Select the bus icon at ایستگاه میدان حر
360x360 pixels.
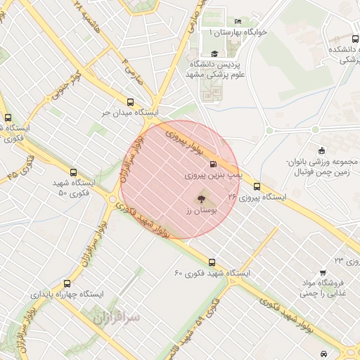(x=130, y=102)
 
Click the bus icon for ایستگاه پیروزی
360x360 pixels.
(x=257, y=188)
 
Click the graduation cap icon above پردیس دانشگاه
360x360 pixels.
(x=214, y=53)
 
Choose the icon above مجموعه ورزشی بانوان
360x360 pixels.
(x=321, y=150)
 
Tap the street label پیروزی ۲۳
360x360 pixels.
(x=347, y=261)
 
